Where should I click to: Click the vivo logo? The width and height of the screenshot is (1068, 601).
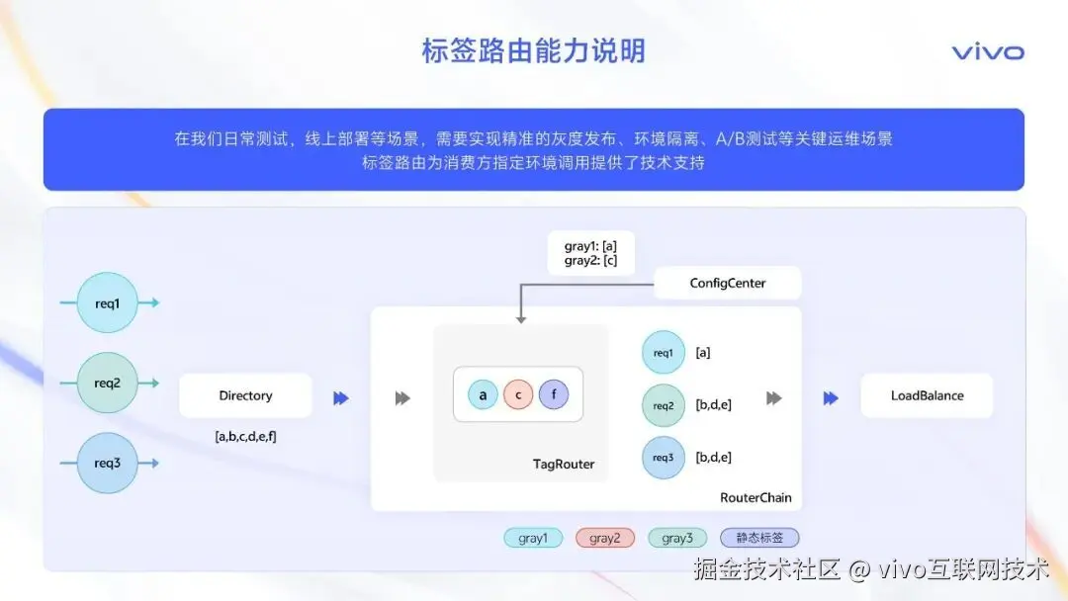coord(988,52)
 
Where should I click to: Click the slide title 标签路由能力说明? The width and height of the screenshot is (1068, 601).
coord(533,50)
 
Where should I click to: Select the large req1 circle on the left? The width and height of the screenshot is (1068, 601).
coord(108,303)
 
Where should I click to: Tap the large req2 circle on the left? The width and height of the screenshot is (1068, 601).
coord(108,383)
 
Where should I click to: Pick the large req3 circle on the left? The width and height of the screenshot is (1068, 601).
coord(108,462)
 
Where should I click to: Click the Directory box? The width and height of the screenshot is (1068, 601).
coord(245,395)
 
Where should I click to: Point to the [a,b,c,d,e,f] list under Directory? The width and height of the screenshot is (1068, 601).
coord(245,436)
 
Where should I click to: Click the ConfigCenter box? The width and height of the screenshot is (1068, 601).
coord(728,284)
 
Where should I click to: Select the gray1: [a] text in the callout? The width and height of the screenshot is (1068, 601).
coord(590,246)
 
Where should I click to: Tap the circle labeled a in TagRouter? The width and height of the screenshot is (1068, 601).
coord(483,395)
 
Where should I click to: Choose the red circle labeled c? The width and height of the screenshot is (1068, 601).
coord(518,395)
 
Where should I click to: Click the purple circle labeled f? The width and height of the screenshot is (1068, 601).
coord(554,395)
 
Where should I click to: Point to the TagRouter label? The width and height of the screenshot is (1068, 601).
coord(564,464)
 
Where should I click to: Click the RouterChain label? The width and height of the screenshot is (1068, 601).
coord(756,497)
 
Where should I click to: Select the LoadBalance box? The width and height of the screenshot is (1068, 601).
coord(927,395)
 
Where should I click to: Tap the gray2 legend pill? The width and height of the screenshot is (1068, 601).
coord(605,538)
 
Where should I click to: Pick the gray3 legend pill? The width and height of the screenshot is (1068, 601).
coord(677,538)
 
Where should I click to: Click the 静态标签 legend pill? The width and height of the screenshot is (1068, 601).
coord(759,538)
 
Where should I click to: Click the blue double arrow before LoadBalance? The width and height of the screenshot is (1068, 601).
coord(831,397)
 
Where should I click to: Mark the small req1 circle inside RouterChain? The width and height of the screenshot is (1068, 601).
coord(663,352)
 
